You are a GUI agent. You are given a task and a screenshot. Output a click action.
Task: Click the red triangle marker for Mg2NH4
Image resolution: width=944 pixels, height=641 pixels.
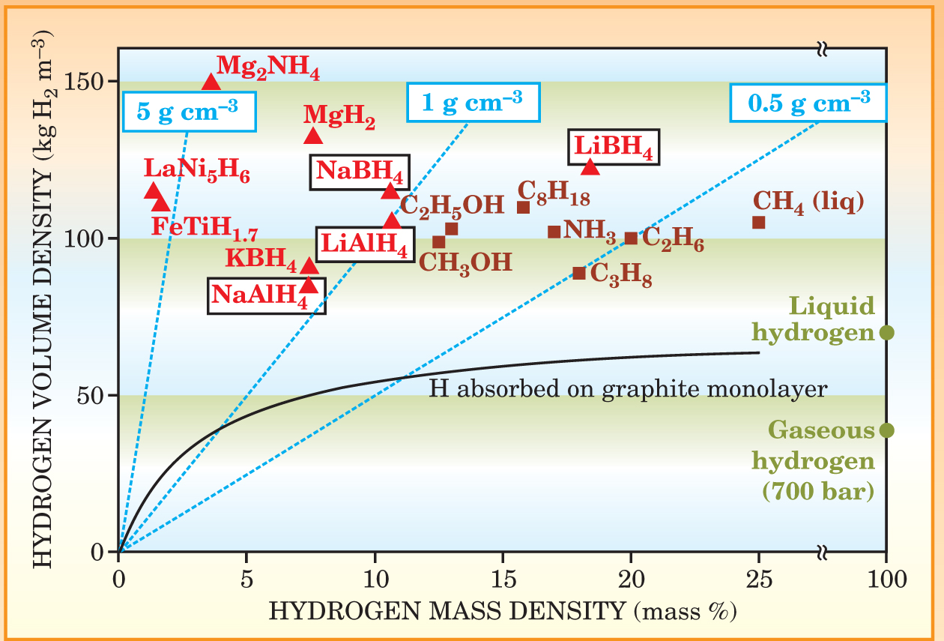[211, 82]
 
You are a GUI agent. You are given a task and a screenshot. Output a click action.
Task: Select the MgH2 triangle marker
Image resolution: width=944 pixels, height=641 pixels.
[313, 136]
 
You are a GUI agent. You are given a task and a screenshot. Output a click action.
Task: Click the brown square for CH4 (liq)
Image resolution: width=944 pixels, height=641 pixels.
[758, 223]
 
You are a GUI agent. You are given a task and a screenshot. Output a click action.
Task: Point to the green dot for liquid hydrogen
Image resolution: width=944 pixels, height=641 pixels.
[886, 332]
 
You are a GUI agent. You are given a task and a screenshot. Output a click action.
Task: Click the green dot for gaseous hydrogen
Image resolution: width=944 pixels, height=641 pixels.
[886, 430]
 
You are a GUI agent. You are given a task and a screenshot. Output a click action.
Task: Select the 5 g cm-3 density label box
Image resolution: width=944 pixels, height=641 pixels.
[187, 111]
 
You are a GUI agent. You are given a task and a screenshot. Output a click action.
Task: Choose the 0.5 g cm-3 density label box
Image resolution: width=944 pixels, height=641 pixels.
[809, 102]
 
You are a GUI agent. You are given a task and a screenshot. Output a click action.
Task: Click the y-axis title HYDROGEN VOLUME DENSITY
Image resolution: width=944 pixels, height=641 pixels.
[43, 300]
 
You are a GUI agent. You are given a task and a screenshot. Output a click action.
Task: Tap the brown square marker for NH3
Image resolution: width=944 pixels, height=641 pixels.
[554, 232]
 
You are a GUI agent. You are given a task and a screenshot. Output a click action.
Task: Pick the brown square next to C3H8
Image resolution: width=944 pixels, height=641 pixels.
[578, 273]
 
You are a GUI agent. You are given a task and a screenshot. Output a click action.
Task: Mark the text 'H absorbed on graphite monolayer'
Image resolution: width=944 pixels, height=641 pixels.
[628, 389]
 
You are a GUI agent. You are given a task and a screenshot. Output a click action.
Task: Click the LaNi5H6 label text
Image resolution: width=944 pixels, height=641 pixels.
[196, 171]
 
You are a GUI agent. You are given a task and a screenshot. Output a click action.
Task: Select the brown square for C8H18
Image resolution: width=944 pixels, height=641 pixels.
[524, 207]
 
